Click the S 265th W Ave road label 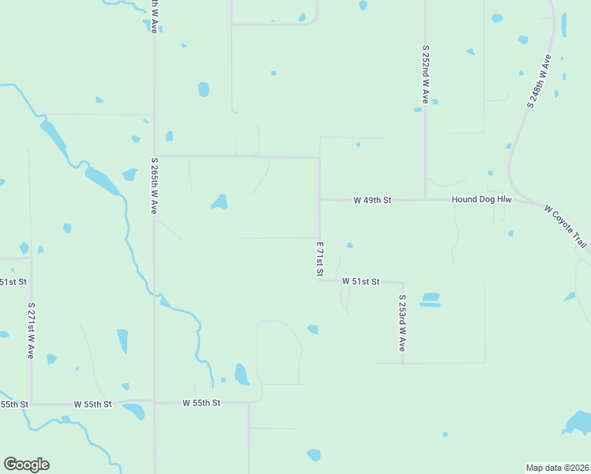coord(154,186)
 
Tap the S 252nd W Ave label coord(425,74)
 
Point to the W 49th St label coord(372,201)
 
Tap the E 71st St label coord(320,259)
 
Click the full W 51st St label coord(361,281)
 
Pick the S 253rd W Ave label coord(402,323)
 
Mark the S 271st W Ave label coord(31,330)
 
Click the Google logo coord(26,465)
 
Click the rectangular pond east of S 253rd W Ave coord(430,299)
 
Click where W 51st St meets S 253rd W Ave coord(402,282)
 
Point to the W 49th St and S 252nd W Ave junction coord(425,199)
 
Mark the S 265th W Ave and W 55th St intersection coord(154,402)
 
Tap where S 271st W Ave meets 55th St coord(31,404)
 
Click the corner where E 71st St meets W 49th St coord(320,199)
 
